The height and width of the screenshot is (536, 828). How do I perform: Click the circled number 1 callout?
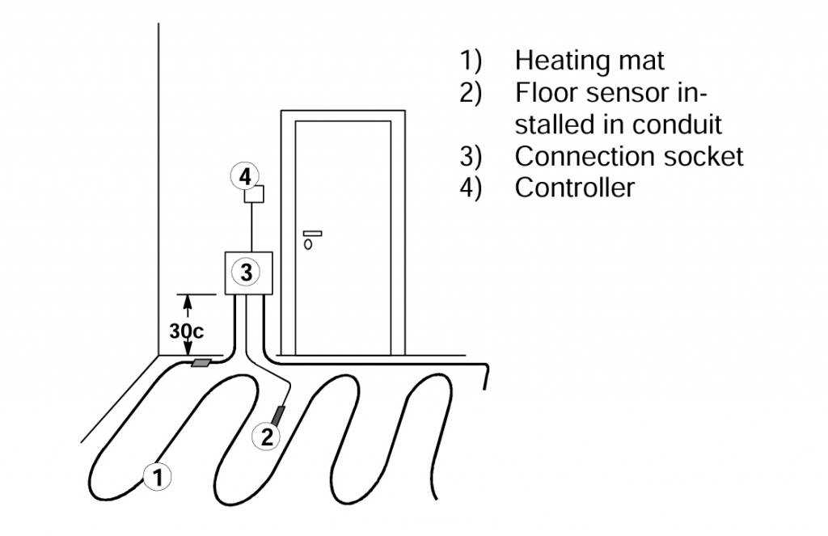click(158, 477)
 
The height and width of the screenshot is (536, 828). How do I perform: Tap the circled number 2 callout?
click(266, 437)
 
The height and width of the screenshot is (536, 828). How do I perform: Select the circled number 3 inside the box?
click(246, 272)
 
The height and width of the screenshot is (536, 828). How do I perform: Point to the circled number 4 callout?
click(245, 176)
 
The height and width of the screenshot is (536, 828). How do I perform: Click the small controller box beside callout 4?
click(254, 194)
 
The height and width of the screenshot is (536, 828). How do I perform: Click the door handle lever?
click(312, 234)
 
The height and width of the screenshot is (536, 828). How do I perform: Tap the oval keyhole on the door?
click(308, 244)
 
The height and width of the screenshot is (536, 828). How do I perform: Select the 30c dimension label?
click(187, 331)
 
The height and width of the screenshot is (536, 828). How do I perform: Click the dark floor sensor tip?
click(278, 415)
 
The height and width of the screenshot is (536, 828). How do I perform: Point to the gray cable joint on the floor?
click(201, 363)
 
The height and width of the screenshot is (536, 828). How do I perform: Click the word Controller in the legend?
click(575, 188)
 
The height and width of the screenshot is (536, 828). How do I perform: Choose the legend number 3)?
click(471, 156)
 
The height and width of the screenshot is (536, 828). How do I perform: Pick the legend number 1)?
click(471, 60)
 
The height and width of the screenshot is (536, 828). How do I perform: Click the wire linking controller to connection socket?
click(252, 227)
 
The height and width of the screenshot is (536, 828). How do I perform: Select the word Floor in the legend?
click(547, 92)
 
